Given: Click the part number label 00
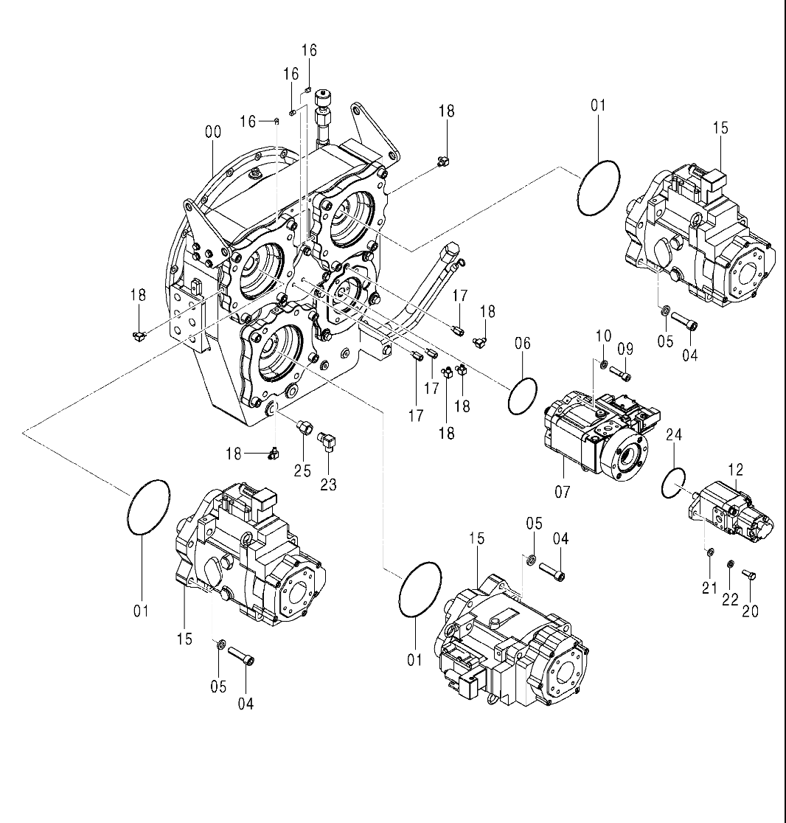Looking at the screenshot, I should tap(212, 132).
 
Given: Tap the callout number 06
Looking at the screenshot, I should tap(522, 343).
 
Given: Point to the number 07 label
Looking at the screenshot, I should tap(563, 492).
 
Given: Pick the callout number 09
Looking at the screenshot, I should tap(625, 348).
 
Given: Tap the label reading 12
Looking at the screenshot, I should tap(735, 469).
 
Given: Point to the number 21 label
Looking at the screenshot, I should tap(709, 588).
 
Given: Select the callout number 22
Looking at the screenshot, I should tap(730, 599).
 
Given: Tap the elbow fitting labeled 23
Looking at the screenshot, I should tap(327, 442).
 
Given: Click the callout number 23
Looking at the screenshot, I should tap(328, 485).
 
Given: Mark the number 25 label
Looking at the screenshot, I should tap(303, 470).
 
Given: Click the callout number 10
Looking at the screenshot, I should tap(603, 336).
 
